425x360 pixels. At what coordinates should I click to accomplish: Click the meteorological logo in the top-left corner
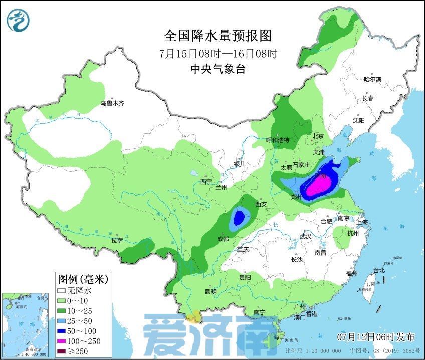coord(18,20)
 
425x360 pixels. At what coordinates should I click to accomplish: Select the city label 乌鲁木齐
coord(111,103)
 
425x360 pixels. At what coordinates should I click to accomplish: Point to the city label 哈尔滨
coord(372,79)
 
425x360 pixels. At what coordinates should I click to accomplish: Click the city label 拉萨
coord(117,241)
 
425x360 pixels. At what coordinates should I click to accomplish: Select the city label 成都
coord(223,239)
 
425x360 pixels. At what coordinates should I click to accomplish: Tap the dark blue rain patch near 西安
coord(239,217)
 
